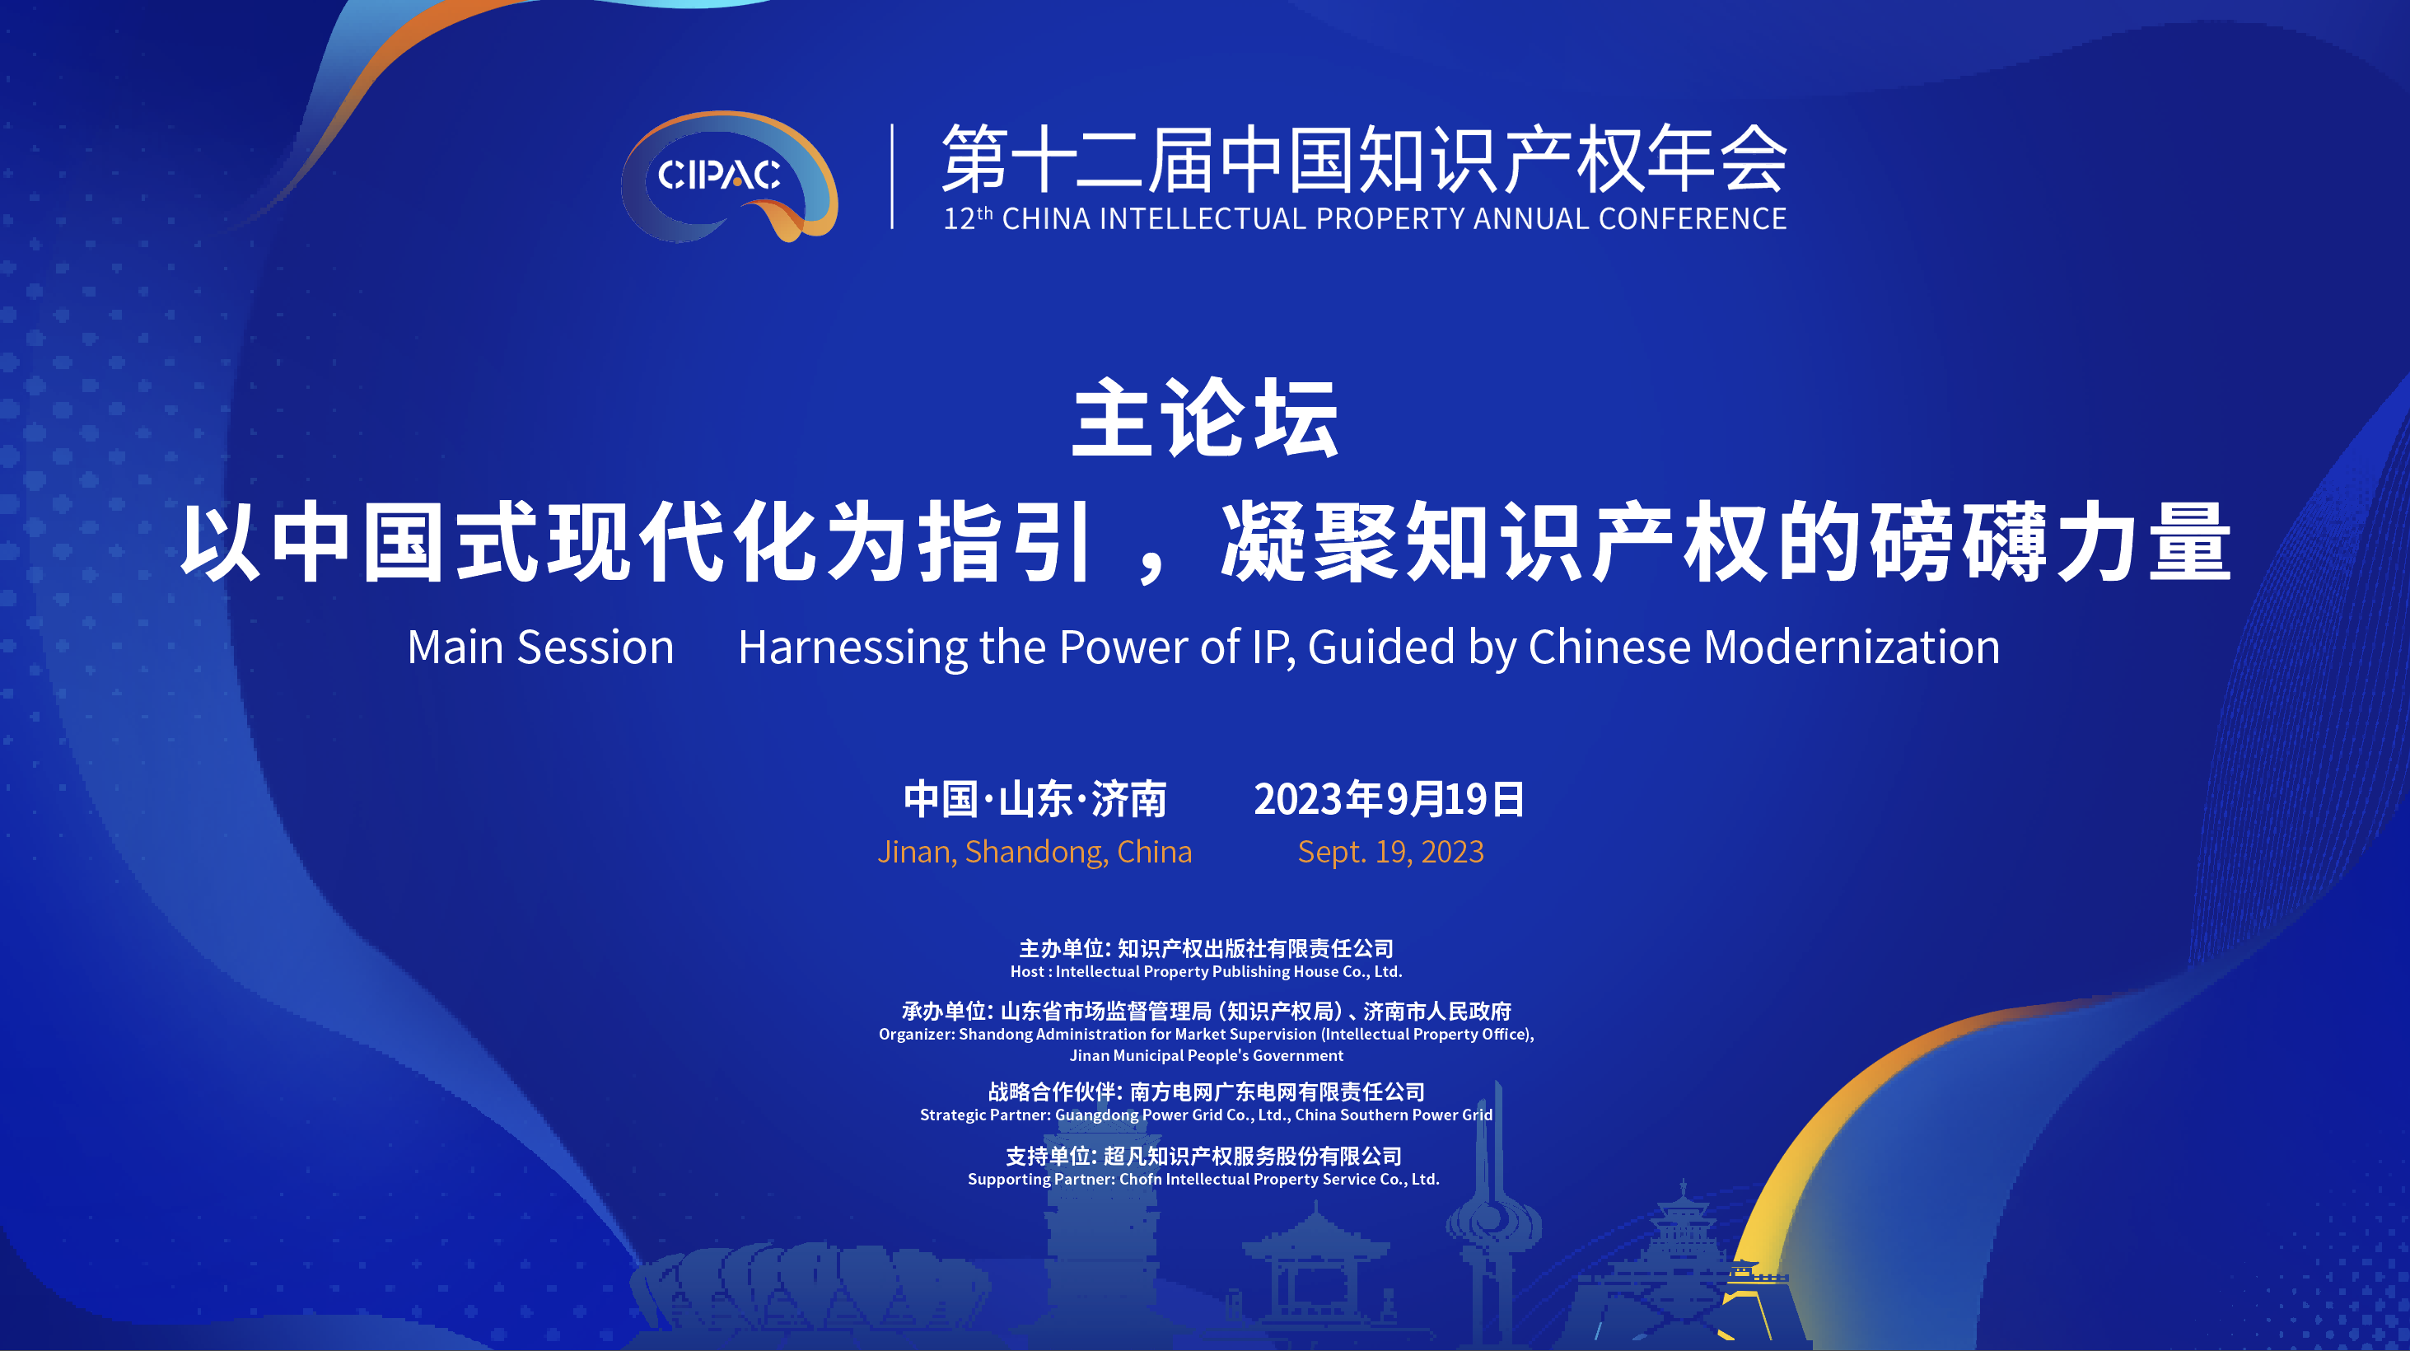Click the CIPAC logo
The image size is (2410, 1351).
coord(729,176)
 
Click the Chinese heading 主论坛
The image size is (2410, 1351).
coord(1205,418)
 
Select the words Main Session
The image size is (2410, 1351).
coord(541,647)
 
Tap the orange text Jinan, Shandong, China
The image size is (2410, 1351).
coord(1035,853)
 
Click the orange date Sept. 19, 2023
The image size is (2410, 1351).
coord(1390,853)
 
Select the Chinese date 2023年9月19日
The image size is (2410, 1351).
coord(1389,799)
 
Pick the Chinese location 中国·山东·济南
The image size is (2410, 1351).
coord(1035,799)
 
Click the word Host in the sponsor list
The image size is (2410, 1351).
coord(1027,972)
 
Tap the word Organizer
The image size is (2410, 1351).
coord(916,1035)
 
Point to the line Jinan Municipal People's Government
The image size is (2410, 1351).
coord(1206,1056)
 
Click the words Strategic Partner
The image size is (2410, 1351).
coord(985,1115)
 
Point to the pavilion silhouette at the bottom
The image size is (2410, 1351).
coord(1314,1273)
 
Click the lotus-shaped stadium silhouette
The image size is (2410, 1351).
coord(810,1288)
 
